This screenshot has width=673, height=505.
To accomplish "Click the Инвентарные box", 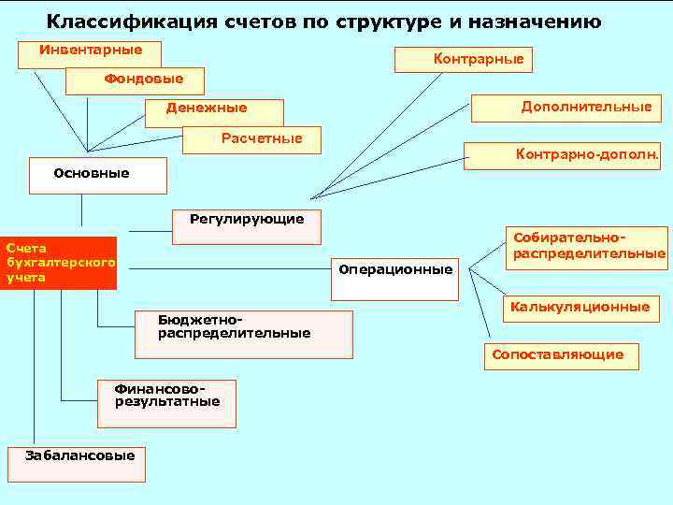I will [89, 53].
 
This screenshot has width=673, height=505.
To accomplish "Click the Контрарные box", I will [464, 59].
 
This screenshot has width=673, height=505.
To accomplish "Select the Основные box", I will [97, 174].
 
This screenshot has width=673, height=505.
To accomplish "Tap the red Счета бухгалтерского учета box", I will [59, 263].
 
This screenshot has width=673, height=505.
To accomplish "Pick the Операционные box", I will [396, 270].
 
